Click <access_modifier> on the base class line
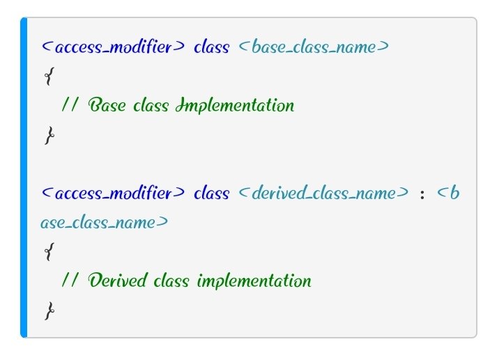tap(113, 47)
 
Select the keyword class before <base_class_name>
tap(212, 47)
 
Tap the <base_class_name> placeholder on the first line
tap(314, 47)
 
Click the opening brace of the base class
tap(49, 76)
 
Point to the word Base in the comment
tap(107, 104)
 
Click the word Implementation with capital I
tap(235, 105)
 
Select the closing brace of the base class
tap(49, 135)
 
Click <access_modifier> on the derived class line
tap(113, 193)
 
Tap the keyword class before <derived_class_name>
tap(212, 193)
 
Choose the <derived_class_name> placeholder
tap(323, 193)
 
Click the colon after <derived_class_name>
tap(422, 195)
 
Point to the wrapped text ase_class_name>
tap(105, 223)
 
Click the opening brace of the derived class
tap(49, 251)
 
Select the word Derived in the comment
tap(117, 280)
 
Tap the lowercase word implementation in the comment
tap(254, 281)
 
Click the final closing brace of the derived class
tap(49, 311)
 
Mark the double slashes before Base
tap(69, 104)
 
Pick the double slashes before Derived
tap(69, 280)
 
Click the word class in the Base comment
tap(151, 104)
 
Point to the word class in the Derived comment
tap(171, 280)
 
